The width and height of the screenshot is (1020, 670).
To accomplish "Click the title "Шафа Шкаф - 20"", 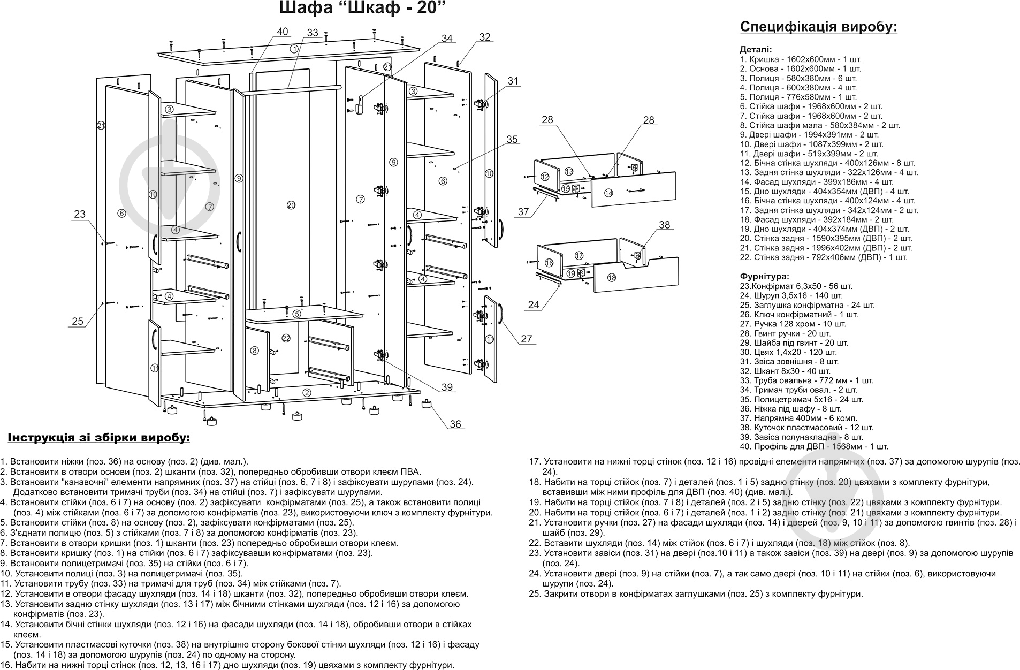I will point(362,9).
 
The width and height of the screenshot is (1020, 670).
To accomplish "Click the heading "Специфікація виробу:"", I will point(818,27).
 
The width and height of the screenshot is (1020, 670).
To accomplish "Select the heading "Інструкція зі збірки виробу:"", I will point(99,438).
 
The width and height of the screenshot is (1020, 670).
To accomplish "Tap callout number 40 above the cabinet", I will point(282,32).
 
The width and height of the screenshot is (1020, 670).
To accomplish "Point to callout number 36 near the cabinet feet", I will point(455,424).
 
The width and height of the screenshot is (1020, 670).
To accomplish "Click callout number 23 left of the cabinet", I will point(79,214).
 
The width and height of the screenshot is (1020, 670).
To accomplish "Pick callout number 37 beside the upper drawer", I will point(523,212).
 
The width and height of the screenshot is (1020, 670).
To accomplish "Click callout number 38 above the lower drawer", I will point(664,225).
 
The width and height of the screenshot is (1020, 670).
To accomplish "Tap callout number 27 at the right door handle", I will point(527,339).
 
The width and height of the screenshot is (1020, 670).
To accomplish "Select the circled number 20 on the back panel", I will point(291,205).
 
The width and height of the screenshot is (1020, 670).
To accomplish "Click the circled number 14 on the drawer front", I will point(608,193).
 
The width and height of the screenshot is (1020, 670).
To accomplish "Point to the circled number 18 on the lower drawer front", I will point(612,278).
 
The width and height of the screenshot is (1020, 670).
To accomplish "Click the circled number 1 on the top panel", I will point(294,49).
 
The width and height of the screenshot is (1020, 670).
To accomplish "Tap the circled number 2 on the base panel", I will point(307,393).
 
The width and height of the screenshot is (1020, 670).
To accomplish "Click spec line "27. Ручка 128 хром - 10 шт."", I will point(793,324).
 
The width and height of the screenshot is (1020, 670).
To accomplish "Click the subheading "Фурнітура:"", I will point(764,277).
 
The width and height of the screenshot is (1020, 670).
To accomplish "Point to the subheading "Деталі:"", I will point(756,49).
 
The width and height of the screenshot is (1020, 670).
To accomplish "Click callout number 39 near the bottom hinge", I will point(447,387).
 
